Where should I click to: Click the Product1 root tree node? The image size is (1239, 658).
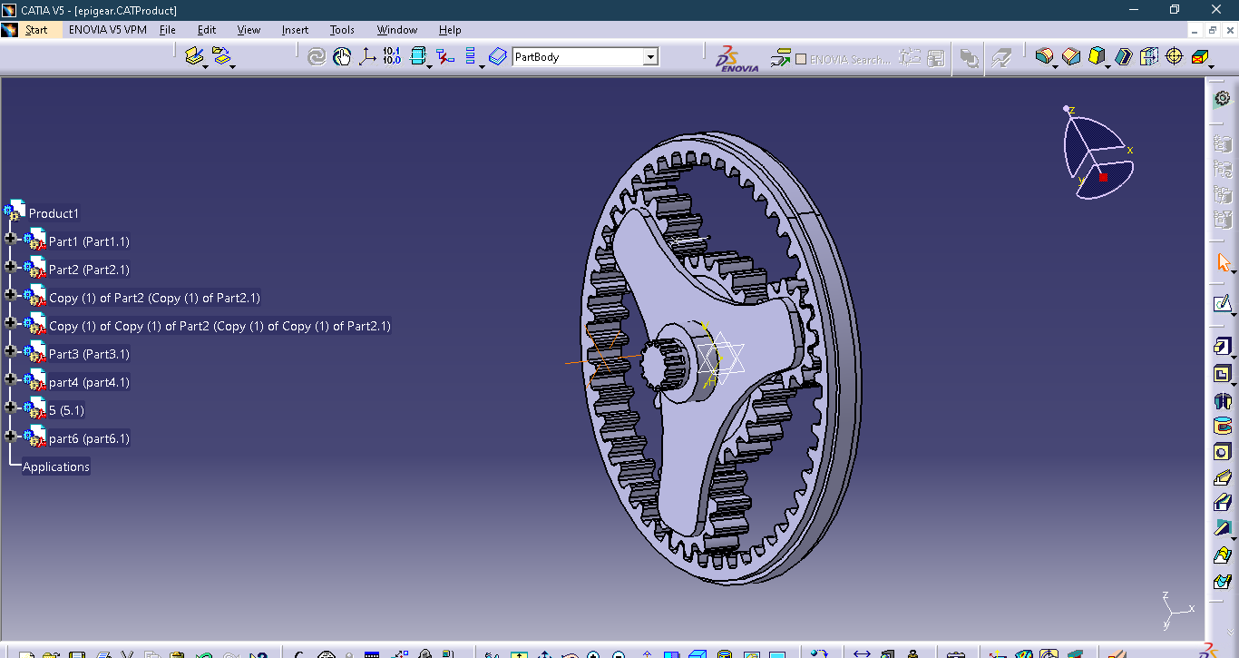point(54,213)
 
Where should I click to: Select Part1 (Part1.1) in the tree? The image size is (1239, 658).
point(89,241)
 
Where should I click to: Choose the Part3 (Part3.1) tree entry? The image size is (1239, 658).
point(89,354)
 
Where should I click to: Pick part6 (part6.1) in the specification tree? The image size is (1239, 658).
point(89,438)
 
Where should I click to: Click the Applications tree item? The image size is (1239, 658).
point(56,466)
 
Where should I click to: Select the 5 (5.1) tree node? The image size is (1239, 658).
point(66,410)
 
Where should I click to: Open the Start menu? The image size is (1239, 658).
point(36,30)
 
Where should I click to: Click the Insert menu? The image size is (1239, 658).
point(295,30)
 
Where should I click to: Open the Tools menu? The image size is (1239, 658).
point(342,30)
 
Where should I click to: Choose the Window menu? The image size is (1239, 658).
point(397,30)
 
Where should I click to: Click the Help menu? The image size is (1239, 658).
point(450,30)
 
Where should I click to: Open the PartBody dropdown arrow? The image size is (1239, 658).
point(649,57)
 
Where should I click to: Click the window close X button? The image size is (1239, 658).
point(1216,9)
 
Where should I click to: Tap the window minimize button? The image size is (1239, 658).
point(1134,9)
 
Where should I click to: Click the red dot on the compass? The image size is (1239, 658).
point(1103,177)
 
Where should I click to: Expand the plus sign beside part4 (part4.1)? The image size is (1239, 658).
point(11,382)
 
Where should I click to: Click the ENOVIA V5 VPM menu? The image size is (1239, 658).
point(107,30)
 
